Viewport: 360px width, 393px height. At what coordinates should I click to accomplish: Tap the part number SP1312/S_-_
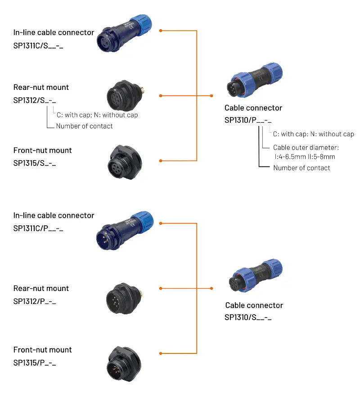point(35,100)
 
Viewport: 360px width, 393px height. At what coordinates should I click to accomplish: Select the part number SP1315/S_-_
point(35,163)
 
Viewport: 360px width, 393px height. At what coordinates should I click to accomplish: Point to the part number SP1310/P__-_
point(248,121)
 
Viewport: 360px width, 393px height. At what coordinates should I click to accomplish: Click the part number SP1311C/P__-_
point(38,228)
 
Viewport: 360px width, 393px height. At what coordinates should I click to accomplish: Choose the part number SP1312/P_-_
point(35,301)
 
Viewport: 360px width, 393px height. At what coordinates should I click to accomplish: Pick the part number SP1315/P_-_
point(35,363)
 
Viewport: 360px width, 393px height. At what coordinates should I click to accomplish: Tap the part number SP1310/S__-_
point(248,318)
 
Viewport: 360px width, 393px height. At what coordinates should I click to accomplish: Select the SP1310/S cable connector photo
point(255,278)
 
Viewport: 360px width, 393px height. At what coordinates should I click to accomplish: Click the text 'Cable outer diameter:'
point(306,147)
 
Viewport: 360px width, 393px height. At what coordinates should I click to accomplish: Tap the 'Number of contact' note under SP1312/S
point(85,126)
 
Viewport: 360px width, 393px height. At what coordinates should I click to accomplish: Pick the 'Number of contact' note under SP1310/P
point(301,168)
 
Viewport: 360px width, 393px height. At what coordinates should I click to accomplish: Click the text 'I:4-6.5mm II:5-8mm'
point(305,157)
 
